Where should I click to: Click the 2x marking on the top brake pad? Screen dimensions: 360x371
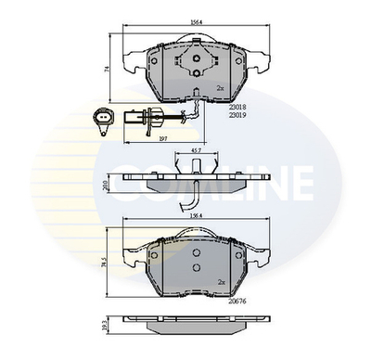pyautogui.click(x=221, y=87)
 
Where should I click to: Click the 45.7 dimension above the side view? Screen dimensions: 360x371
pyautogui.click(x=196, y=149)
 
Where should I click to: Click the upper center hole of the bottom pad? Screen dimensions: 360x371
pyautogui.click(x=196, y=252)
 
